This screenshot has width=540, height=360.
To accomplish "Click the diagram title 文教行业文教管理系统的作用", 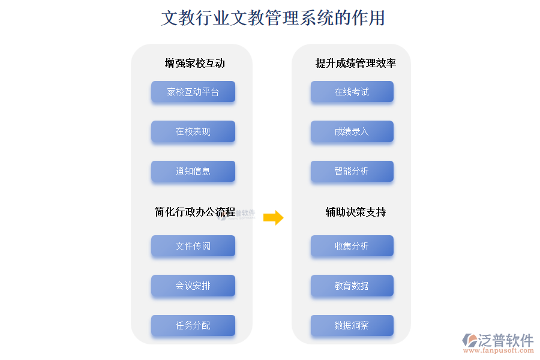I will click(x=273, y=18).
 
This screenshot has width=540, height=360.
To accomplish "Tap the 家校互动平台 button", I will click(x=193, y=92).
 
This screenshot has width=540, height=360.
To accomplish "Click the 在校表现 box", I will click(x=193, y=131).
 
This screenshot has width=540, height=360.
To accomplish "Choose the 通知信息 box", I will click(x=193, y=172).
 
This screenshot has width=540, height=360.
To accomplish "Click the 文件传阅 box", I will click(x=193, y=246).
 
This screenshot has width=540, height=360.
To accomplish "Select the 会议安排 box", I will click(x=193, y=286).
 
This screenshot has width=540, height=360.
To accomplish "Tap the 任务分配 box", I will click(x=193, y=326).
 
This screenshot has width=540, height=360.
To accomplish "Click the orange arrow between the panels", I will click(x=273, y=218).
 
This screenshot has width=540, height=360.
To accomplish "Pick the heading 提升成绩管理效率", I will click(x=355, y=63).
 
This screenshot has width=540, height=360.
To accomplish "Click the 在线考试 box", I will click(x=352, y=92).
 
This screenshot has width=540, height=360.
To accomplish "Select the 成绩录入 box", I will click(x=352, y=131).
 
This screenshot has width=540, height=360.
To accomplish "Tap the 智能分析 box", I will click(x=352, y=172).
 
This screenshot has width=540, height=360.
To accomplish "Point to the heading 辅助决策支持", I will click(x=355, y=212).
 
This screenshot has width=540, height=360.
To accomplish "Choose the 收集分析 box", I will click(x=352, y=246).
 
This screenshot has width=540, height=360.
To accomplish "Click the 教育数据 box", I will click(x=352, y=286).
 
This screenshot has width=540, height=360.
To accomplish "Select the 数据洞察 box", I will click(x=352, y=326).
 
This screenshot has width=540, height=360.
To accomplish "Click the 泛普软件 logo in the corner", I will click(x=498, y=340).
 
